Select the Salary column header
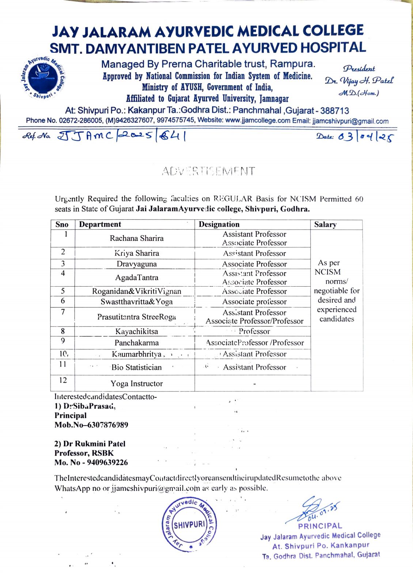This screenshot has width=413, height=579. [x=325, y=224]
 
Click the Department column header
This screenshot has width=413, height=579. [x=100, y=224]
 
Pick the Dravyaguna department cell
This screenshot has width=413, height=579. [x=136, y=264]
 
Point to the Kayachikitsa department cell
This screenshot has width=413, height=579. [x=136, y=332]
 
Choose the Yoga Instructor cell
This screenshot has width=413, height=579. [x=136, y=383]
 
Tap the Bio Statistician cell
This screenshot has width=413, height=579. [x=136, y=367]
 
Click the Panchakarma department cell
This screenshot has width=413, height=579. [x=136, y=343]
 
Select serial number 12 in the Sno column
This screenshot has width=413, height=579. [x=63, y=380]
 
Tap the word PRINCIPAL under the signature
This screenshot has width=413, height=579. [x=320, y=526]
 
